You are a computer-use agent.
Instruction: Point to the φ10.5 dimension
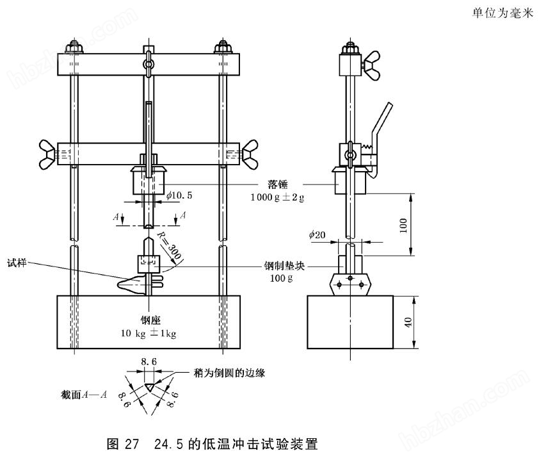pos(181,194)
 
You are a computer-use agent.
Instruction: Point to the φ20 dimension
pos(318,235)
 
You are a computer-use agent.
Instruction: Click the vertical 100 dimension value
pos(403,224)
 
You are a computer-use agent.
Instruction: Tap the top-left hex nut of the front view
pos(72,47)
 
